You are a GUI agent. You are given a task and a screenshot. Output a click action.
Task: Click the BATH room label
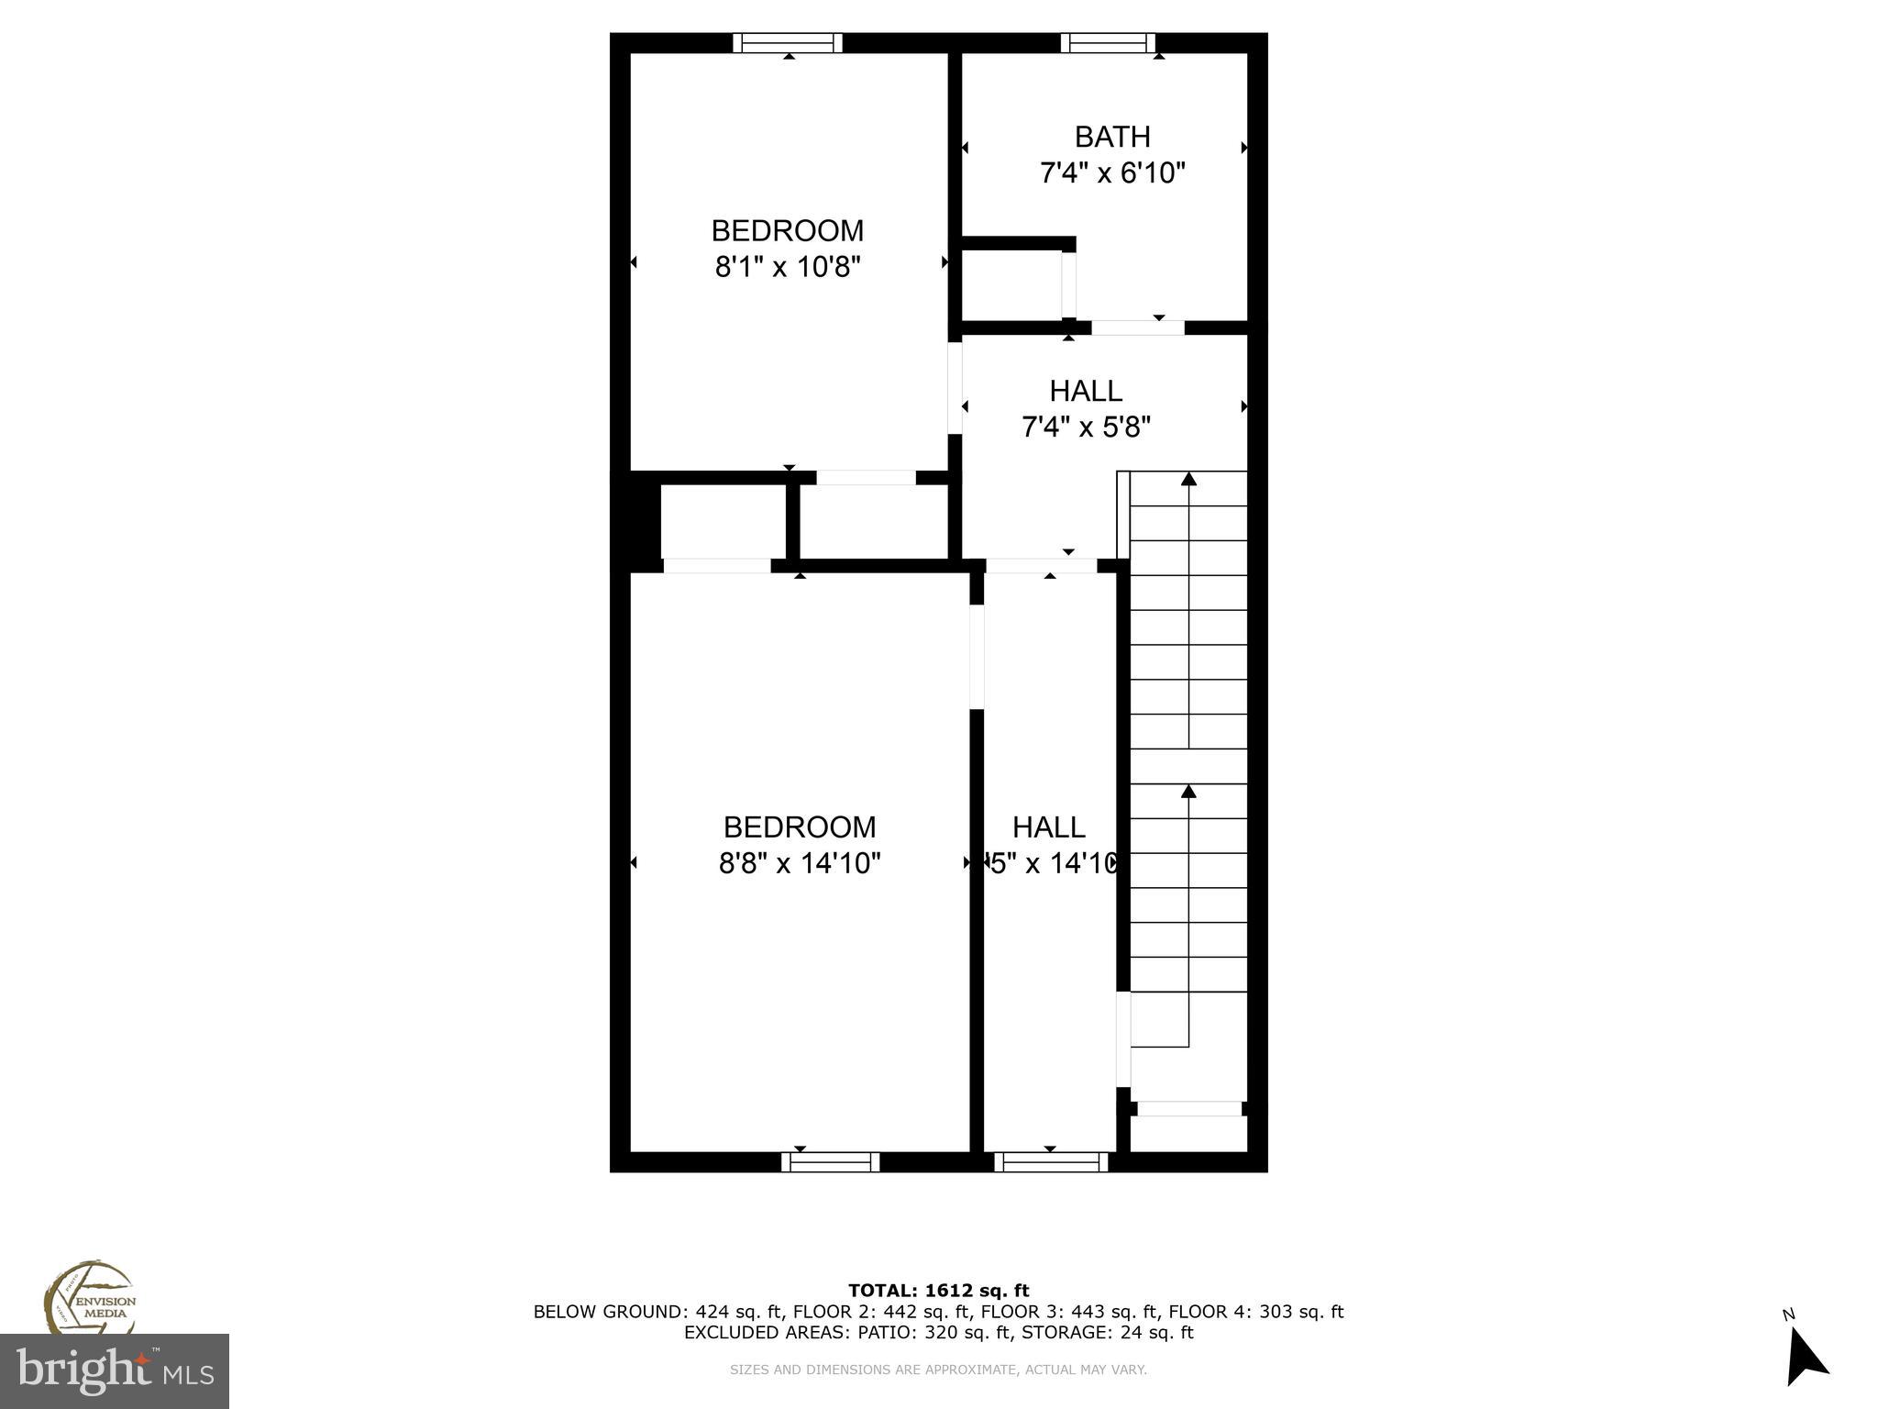(1112, 137)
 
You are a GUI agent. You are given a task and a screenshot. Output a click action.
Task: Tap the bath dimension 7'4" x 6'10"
(1112, 172)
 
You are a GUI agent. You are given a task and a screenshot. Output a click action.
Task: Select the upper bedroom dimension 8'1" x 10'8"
(788, 267)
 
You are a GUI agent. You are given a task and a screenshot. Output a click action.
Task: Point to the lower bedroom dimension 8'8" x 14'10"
(800, 863)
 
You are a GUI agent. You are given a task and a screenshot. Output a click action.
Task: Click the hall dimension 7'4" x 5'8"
(1086, 427)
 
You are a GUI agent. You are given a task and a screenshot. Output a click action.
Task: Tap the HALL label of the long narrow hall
(1049, 827)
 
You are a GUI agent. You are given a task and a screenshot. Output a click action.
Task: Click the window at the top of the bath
(1108, 43)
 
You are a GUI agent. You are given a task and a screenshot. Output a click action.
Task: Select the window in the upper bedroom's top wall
(787, 43)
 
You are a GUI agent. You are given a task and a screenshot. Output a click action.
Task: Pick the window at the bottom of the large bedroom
(830, 1162)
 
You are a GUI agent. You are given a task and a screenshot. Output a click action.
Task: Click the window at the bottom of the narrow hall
(1051, 1162)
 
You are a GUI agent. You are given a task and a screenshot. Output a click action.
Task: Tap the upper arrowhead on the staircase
(1188, 478)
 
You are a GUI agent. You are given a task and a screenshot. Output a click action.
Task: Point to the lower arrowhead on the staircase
(1188, 791)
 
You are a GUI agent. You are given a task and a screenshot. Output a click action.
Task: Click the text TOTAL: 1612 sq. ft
(938, 1291)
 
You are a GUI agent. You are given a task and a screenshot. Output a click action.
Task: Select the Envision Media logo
(89, 1298)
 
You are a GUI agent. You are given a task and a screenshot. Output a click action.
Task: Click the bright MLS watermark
(115, 1371)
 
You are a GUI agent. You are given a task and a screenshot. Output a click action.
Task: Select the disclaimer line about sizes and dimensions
(938, 1370)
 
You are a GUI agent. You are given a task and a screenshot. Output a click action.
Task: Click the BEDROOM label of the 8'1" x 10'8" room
(788, 230)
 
